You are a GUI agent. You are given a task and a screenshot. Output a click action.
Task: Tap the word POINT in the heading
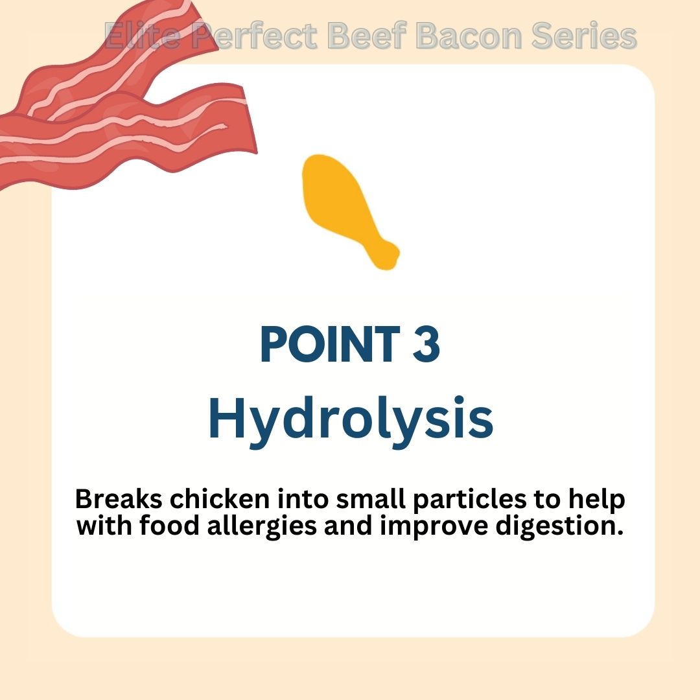330,344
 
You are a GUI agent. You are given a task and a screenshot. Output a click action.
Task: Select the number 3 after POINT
426,344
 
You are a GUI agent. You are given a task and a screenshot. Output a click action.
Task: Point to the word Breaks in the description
119,498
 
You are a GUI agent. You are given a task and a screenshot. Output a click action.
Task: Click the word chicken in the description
220,498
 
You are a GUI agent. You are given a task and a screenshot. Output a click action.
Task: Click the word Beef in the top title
366,35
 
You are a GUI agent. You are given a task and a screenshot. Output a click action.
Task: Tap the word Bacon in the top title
469,36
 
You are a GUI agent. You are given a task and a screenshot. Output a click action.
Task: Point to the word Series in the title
584,36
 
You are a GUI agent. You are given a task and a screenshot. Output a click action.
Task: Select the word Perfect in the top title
254,36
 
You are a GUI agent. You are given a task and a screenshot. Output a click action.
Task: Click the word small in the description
371,498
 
